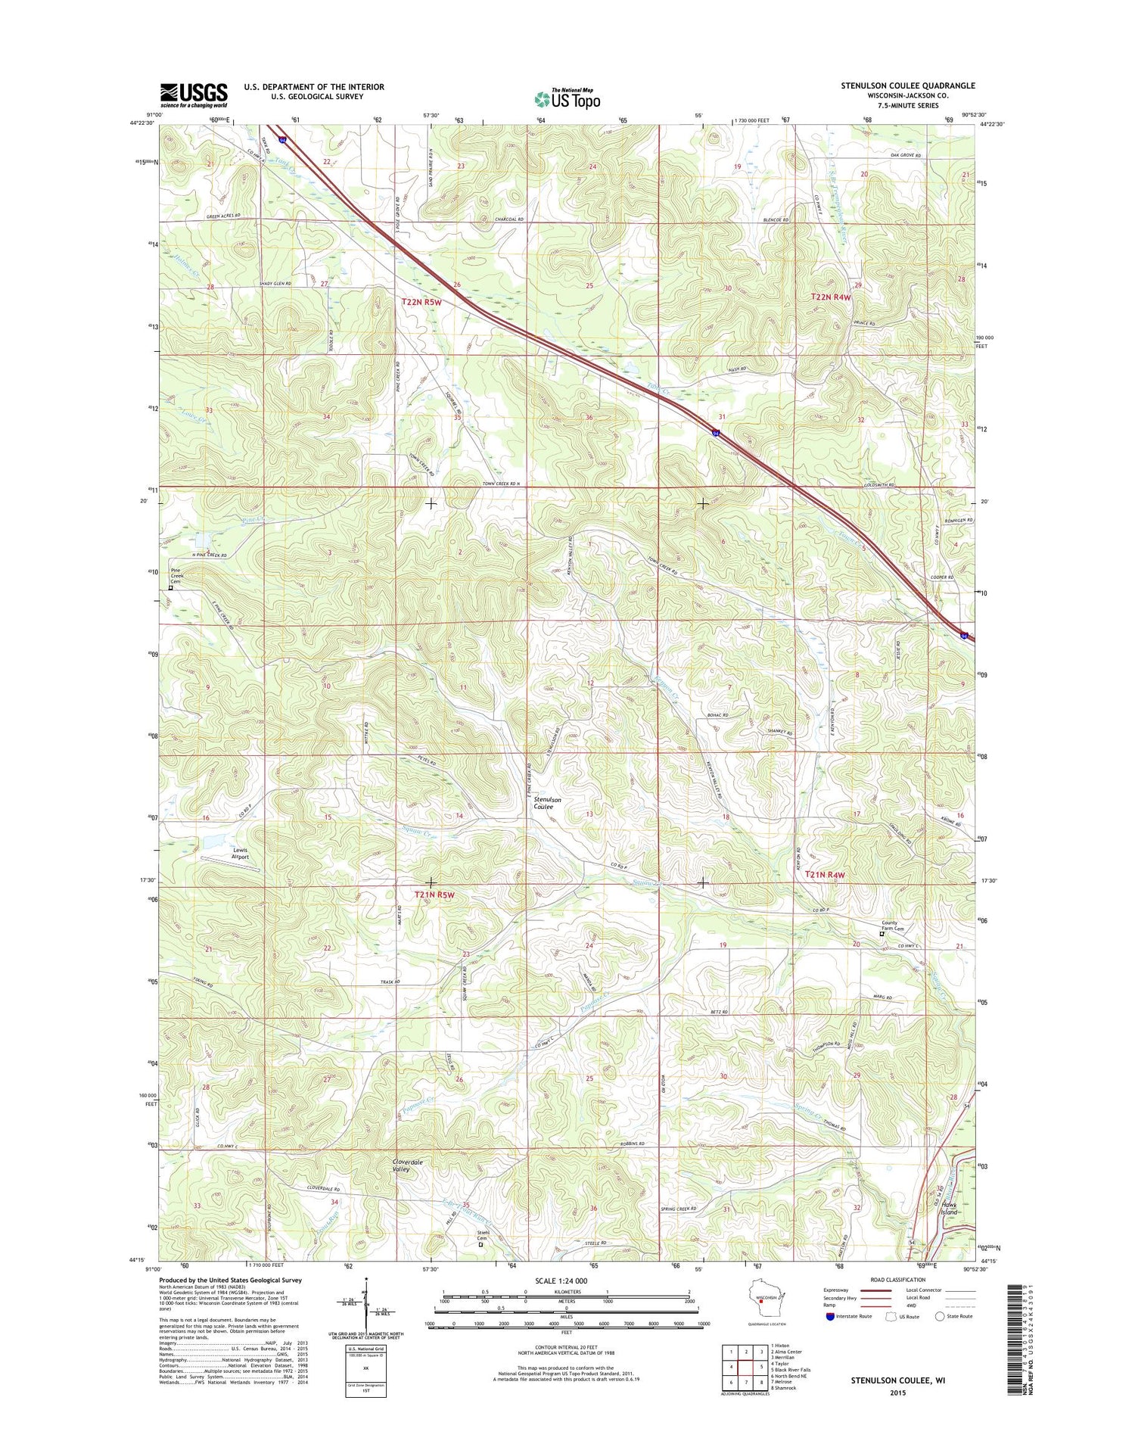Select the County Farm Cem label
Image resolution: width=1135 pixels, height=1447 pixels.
pyautogui.click(x=893, y=926)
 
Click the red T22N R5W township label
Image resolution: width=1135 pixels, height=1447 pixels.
pyautogui.click(x=421, y=302)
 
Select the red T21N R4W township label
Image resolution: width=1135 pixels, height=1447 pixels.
pyautogui.click(x=825, y=875)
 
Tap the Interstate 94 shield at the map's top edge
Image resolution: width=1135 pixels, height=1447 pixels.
pyautogui.click(x=282, y=140)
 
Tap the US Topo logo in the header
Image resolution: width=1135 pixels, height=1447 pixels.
pyautogui.click(x=567, y=98)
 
